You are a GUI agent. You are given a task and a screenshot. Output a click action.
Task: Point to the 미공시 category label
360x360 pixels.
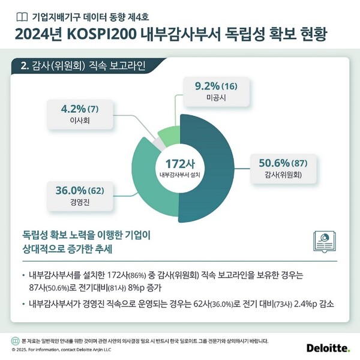coord(214,98)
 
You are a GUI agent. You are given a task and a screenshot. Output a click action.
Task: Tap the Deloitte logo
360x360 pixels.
coord(329,349)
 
